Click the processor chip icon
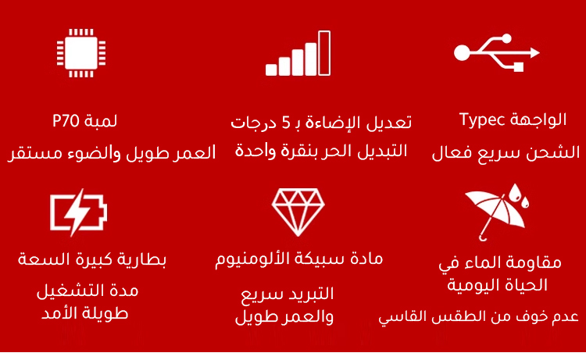(x=81, y=53)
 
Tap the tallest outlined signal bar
(x=324, y=53)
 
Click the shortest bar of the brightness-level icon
(x=271, y=70)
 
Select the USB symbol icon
(x=497, y=52)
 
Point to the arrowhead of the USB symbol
(x=534, y=52)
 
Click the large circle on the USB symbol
(x=462, y=52)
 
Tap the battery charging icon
(x=78, y=212)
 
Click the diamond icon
(x=298, y=212)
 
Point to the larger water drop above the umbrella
(x=515, y=193)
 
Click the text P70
(x=66, y=121)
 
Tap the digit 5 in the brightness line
(x=286, y=123)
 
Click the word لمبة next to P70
(x=101, y=121)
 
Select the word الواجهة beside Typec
(x=538, y=119)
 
